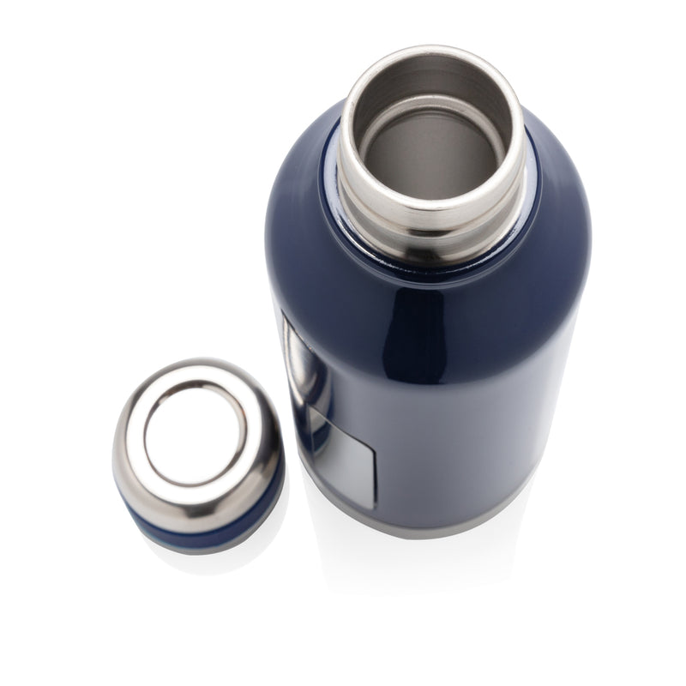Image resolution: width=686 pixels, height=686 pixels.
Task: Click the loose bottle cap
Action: [197, 446]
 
